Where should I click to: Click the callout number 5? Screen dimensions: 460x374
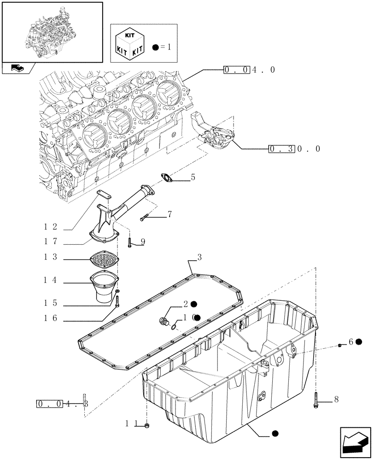[x=193, y=177]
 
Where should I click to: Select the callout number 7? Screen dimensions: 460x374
[x=169, y=214]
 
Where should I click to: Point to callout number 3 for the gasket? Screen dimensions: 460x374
[x=199, y=257]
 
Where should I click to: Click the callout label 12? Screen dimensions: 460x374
[x=51, y=226]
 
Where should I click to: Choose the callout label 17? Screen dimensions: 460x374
[x=51, y=241]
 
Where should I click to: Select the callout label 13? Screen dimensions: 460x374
[x=51, y=257]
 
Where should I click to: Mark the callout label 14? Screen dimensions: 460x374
[x=51, y=280]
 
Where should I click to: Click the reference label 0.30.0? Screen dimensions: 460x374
[x=294, y=149]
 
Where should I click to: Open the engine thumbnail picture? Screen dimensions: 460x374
[x=53, y=31]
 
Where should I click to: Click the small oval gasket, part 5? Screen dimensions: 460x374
[x=166, y=179]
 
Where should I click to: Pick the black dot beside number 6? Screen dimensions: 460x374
[x=358, y=342]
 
